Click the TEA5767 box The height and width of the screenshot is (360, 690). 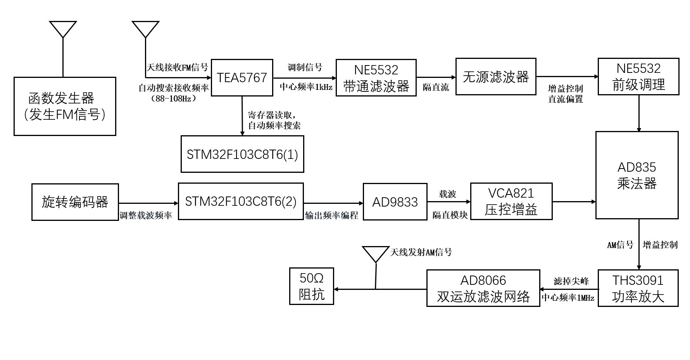click(x=242, y=78)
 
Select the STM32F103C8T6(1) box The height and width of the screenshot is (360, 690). click(x=242, y=154)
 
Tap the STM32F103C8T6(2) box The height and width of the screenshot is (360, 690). click(x=241, y=202)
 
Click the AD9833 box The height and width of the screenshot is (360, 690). click(x=395, y=202)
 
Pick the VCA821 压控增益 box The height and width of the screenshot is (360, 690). click(x=511, y=202)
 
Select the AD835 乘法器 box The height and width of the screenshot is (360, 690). click(x=637, y=175)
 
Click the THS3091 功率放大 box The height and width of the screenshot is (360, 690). click(x=638, y=288)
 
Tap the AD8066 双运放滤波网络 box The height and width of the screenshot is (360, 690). click(x=483, y=288)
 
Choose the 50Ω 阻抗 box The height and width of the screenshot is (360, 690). click(x=312, y=286)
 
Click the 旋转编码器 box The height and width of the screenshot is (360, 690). click(x=75, y=202)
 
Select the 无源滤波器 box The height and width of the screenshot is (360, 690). click(x=496, y=77)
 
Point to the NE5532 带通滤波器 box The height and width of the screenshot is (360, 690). click(x=376, y=78)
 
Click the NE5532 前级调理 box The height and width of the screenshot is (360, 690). click(x=638, y=77)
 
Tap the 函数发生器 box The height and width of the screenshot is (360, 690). click(x=65, y=107)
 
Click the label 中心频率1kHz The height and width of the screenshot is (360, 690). click(x=306, y=87)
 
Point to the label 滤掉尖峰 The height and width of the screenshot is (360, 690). click(x=571, y=281)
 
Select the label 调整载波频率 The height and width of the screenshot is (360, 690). click(x=146, y=215)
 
